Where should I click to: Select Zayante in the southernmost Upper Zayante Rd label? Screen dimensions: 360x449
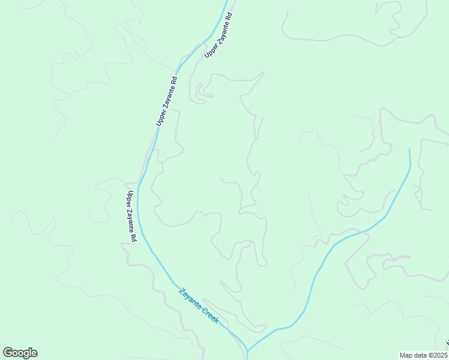coord(131,218)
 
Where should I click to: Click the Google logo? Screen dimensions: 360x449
coord(20,353)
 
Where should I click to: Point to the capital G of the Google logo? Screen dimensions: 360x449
coord(8,353)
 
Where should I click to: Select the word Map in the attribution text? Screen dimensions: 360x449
coord(407,355)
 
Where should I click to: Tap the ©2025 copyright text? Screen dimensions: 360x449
coord(439,355)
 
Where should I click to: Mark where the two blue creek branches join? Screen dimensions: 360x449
coord(247,350)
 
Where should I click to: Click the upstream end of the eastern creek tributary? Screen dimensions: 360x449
coord(409,150)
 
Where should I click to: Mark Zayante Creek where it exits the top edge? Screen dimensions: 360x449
coord(227,2)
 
